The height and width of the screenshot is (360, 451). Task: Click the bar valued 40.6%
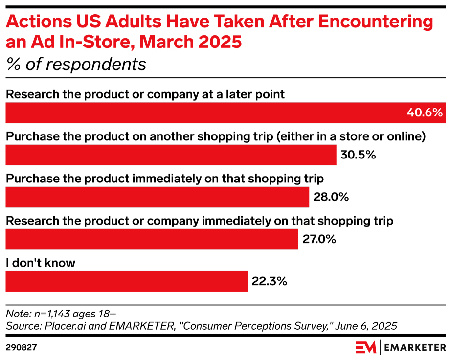point(225,112)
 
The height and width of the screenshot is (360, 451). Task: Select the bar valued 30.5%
point(171,155)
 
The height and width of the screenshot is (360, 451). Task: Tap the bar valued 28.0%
point(158,197)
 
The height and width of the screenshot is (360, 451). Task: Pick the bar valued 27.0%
point(152,239)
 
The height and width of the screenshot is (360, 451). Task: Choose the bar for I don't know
point(127,282)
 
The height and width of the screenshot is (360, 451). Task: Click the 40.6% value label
point(425,112)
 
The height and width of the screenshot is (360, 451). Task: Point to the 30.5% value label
point(358,155)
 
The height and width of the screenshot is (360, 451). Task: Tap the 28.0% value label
point(331,197)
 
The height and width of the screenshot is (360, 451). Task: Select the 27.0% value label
point(319,239)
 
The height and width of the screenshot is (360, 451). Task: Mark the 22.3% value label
point(269,282)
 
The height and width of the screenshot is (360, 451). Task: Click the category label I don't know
point(41,263)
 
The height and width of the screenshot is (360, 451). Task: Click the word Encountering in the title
point(375,22)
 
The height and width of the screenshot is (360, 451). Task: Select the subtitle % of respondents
point(76,64)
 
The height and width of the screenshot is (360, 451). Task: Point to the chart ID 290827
point(22,348)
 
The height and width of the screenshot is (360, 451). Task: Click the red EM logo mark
point(365,348)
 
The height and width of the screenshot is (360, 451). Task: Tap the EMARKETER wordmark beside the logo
point(415,348)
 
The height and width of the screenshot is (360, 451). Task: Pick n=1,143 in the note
point(52,314)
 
